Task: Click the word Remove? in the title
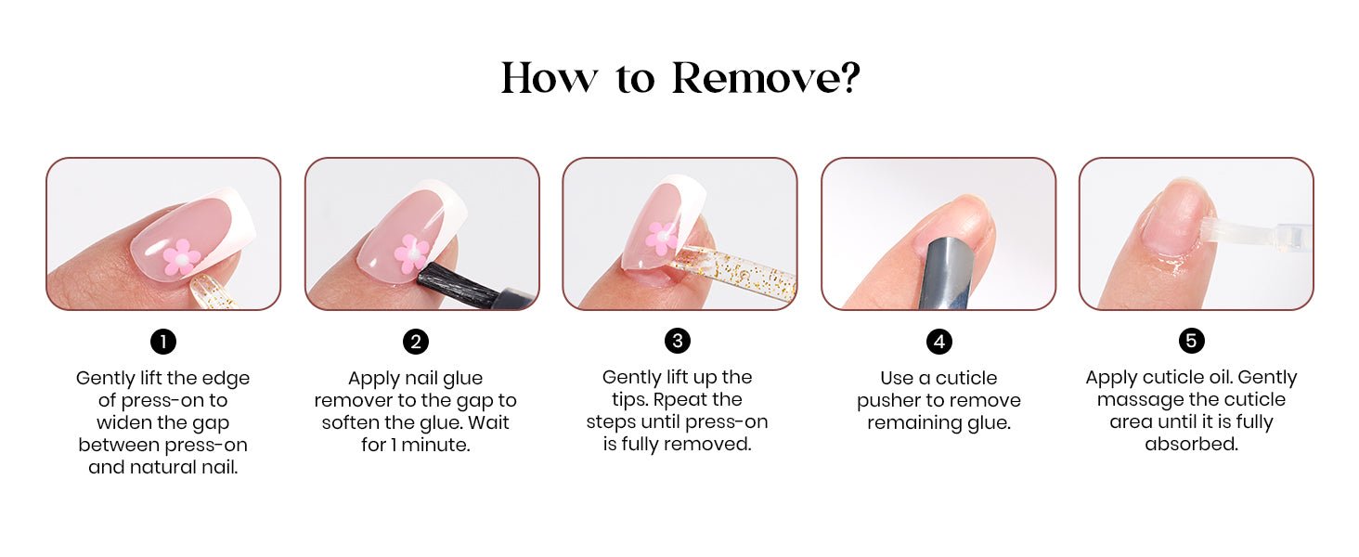tap(766, 78)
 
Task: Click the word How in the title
tap(549, 78)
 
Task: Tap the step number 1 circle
tap(163, 342)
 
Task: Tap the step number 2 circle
tap(416, 342)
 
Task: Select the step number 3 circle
tap(677, 341)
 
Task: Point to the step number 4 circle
tap(939, 342)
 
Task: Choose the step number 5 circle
tap(1192, 341)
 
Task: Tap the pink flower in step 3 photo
tap(661, 238)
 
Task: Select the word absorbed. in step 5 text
tap(1192, 444)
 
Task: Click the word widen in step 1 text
tap(123, 422)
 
